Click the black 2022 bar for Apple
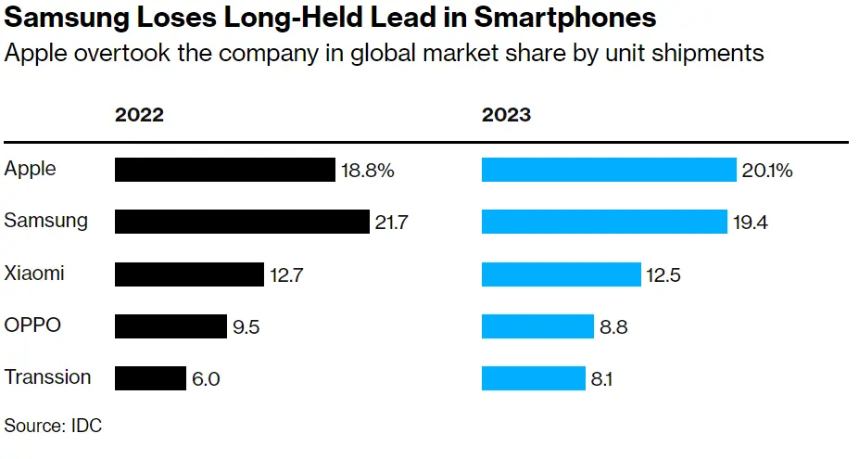224,170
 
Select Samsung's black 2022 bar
242,222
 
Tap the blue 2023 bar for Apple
609,170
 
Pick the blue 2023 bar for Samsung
604,222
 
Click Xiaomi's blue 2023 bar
561,274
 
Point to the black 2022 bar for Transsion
150,378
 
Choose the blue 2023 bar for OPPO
537,326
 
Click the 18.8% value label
368,171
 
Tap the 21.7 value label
391,223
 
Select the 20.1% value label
766,171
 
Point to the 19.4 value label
751,223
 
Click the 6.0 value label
208,378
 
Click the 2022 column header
139,115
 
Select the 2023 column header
506,115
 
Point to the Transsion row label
48,377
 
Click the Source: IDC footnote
53,426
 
